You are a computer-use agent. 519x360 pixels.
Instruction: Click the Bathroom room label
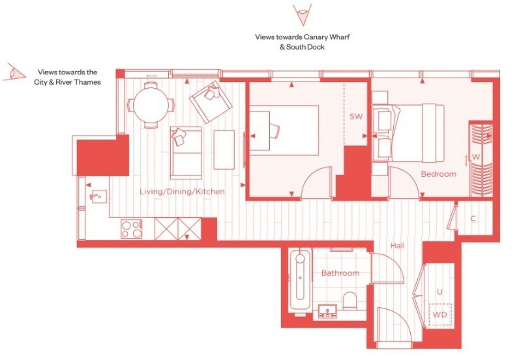340,273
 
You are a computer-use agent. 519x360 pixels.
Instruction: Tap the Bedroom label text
438,174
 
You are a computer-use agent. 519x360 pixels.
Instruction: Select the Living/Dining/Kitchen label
182,192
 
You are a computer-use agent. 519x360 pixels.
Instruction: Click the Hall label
397,245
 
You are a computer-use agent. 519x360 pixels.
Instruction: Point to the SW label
356,116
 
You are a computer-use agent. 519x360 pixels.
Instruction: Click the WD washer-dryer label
439,314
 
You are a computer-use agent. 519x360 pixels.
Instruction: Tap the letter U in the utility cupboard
439,292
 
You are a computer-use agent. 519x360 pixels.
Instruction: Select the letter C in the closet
473,218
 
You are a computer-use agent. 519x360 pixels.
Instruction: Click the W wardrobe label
475,157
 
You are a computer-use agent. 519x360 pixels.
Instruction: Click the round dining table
151,105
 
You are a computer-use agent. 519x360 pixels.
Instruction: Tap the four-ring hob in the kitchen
132,228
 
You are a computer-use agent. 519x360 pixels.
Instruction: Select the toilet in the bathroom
349,301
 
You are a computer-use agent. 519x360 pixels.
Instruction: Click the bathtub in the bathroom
300,280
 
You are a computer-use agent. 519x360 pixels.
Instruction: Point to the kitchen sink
98,196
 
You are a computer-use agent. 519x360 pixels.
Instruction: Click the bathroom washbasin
327,311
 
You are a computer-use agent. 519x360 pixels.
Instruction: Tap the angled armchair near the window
211,102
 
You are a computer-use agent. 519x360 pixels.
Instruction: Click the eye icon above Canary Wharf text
302,15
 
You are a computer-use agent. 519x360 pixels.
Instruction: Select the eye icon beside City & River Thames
14,72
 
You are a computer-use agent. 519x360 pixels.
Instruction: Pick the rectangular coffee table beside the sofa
224,150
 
